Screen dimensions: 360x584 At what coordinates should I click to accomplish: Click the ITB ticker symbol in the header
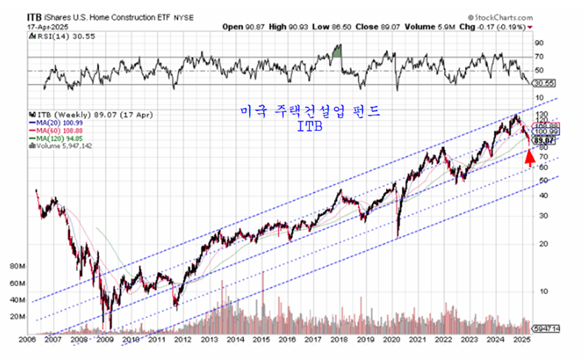(x=34, y=15)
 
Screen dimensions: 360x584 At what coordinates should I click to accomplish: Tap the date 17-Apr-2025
(x=46, y=26)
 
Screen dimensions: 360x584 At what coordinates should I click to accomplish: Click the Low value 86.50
(x=341, y=26)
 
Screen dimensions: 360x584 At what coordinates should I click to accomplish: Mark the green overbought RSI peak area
(x=338, y=51)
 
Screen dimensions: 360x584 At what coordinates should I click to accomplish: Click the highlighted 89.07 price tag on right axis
(x=544, y=140)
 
